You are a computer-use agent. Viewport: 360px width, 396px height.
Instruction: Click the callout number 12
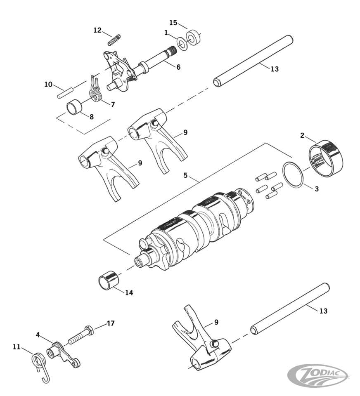click(x=97, y=30)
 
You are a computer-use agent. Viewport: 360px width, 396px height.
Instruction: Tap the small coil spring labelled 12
click(x=114, y=40)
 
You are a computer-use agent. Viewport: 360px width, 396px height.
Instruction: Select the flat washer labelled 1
click(x=182, y=44)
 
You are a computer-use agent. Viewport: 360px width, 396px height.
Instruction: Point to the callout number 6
click(x=178, y=67)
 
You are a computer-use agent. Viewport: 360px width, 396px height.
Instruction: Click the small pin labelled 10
click(x=66, y=92)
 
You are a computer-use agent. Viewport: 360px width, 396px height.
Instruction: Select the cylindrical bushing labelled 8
click(x=75, y=107)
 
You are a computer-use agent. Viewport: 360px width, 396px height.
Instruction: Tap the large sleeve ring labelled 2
click(x=325, y=159)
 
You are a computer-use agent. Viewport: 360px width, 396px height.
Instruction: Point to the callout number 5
click(x=185, y=175)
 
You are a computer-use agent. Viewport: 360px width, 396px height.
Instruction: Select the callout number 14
click(x=129, y=293)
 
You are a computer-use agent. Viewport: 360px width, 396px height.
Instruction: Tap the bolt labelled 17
click(x=80, y=336)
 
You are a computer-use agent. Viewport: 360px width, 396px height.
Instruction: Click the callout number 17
click(x=110, y=323)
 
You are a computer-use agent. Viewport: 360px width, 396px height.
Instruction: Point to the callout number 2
click(x=302, y=135)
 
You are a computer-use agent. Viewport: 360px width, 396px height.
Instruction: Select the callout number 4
click(x=38, y=335)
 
